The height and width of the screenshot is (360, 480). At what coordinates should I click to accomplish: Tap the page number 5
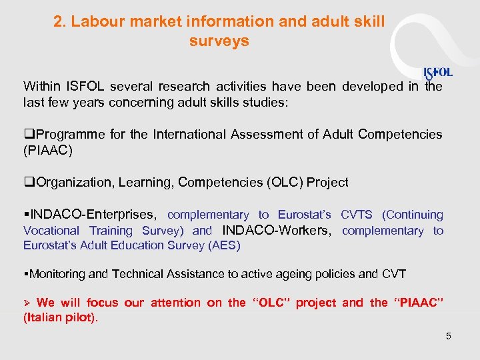tap(449, 336)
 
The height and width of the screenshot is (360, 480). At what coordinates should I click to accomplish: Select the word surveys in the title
tap(219, 41)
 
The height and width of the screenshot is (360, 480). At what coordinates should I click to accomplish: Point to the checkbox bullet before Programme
tap(27, 135)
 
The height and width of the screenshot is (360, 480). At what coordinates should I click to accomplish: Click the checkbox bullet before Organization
tap(27, 183)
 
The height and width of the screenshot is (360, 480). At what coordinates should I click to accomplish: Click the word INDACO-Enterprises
tap(93, 215)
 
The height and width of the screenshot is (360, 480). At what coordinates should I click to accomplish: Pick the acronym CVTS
tap(357, 215)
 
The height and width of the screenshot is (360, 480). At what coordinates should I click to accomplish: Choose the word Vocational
tap(51, 231)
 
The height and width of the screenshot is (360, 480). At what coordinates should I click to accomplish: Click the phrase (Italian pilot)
tap(61, 318)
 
